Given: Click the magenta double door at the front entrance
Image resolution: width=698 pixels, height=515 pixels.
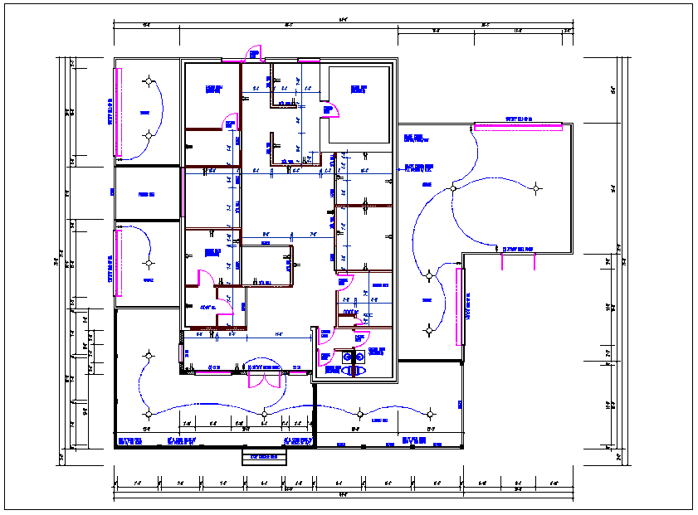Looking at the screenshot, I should coord(263,379).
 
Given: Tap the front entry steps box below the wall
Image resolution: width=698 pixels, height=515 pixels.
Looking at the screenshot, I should coord(264,457).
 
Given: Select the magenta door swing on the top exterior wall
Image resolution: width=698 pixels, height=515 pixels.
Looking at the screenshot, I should coord(254,55).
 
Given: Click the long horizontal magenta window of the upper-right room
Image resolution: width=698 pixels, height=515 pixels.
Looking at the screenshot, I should coord(518,126).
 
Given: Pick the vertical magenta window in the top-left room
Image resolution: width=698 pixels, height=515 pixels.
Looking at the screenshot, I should coord(119,110).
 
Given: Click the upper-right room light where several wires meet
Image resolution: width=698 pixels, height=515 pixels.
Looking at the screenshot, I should coord(453,188).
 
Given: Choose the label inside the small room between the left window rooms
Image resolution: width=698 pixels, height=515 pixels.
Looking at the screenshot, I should coord(148,194).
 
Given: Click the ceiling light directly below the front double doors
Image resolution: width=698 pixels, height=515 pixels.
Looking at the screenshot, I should coord(264,412).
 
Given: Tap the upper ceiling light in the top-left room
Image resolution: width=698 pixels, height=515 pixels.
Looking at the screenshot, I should coord(149,81).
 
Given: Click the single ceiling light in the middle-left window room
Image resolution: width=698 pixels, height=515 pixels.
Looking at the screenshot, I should coord(149,264).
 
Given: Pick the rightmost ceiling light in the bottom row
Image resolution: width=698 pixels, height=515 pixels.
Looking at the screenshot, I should coord(431,412).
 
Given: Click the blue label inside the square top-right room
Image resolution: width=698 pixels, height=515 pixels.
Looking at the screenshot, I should coord(359,89).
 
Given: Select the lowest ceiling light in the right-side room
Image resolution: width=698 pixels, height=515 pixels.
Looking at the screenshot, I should coord(429,330).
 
